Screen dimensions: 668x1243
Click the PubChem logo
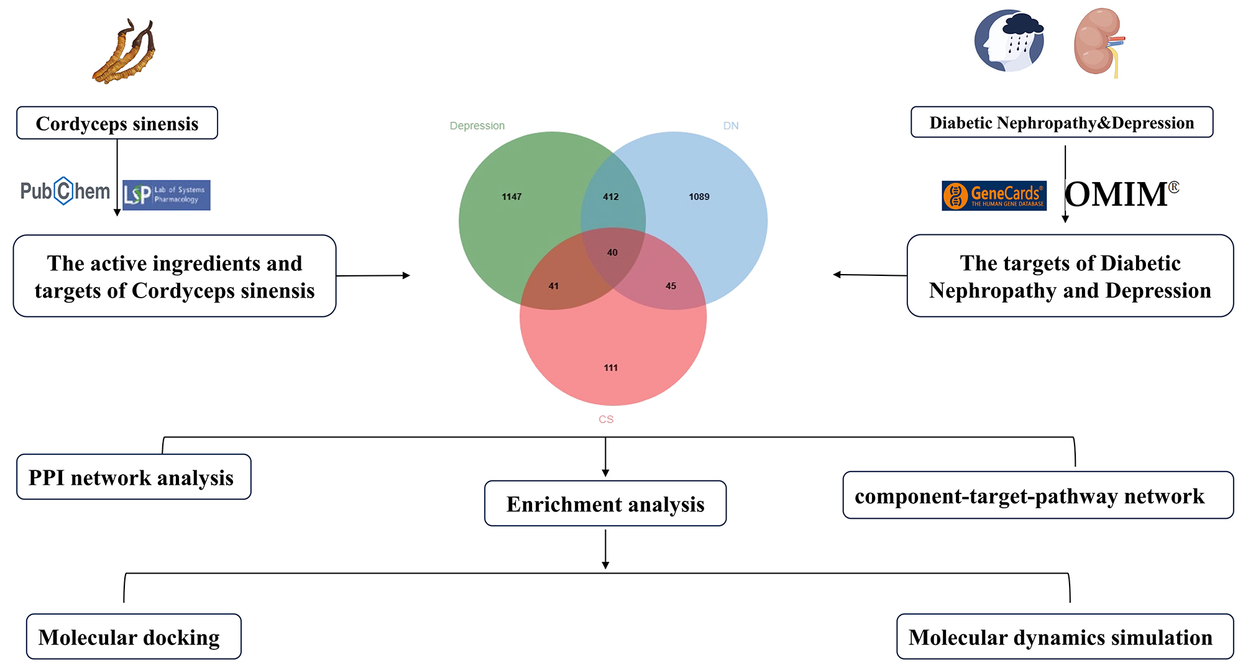pos(65,191)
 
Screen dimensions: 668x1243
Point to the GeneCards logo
pos(994,196)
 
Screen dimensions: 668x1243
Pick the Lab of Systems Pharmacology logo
pos(167,195)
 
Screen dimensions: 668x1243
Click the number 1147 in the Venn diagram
pos(511,197)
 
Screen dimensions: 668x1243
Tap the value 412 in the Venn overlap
pos(611,197)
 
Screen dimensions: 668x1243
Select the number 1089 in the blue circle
pos(699,197)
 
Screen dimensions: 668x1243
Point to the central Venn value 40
pos(612,252)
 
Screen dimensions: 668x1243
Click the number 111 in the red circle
pos(611,368)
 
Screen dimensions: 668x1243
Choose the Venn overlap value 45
pos(671,286)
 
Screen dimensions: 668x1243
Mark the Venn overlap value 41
pos(553,286)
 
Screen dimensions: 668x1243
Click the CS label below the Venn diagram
pos(606,419)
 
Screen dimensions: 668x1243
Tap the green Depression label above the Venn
pos(477,126)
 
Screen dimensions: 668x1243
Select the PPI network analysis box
pos(134,477)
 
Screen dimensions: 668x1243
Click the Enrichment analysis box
pos(605,503)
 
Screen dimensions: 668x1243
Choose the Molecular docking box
pos(133,637)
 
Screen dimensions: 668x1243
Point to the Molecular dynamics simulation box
pos(1065,637)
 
